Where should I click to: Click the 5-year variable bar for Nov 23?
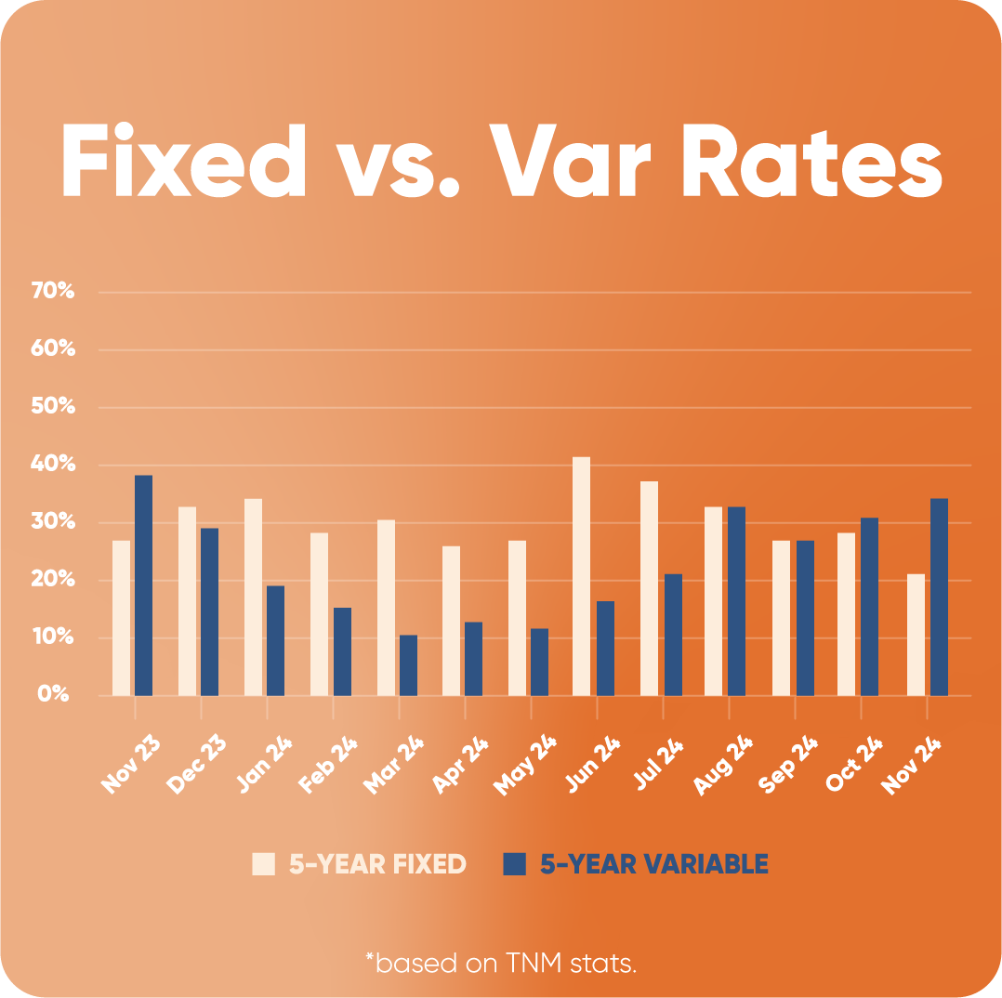click(x=143, y=585)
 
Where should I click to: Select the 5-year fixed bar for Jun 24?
click(x=581, y=576)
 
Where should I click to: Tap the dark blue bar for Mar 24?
click(x=408, y=665)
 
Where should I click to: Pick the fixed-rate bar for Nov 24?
click(x=916, y=635)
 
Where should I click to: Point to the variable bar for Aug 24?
click(x=736, y=601)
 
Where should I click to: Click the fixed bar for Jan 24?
click(x=253, y=597)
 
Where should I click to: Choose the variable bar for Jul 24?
click(x=673, y=635)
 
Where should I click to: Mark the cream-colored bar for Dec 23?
click(x=187, y=601)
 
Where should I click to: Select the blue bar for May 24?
click(x=539, y=662)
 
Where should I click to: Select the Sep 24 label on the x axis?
click(x=788, y=764)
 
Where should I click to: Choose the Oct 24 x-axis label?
click(x=854, y=764)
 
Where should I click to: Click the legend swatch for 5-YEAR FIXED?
click(x=263, y=864)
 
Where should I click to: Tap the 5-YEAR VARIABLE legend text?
click(x=654, y=864)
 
